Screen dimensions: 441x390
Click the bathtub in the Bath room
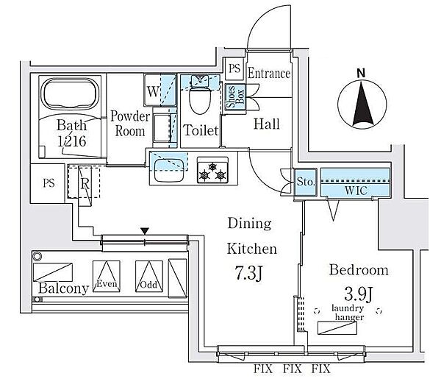70,93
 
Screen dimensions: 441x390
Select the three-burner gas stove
212,171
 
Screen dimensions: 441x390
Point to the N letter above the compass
361,73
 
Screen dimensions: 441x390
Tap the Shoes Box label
235,97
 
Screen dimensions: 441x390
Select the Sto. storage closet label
306,182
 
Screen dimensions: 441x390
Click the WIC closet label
356,191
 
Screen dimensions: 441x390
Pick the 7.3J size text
248,274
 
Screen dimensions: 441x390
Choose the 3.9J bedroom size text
359,294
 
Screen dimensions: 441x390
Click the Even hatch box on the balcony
107,276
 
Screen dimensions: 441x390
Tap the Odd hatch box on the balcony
149,276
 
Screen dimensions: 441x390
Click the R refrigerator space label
85,184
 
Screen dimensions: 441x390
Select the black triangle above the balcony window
145,231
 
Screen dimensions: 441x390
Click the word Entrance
269,74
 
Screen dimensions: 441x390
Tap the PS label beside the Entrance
234,68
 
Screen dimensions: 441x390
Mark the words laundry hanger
348,313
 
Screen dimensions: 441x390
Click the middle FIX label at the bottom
293,369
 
